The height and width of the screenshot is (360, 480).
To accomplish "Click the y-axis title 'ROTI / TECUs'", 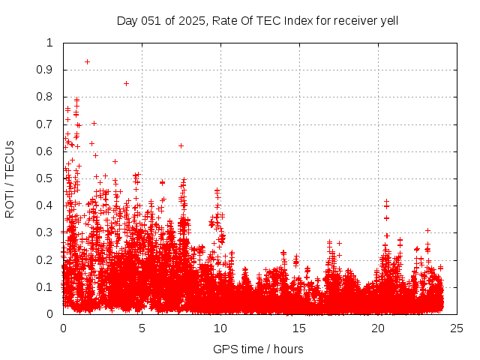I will pyautogui.click(x=10, y=178).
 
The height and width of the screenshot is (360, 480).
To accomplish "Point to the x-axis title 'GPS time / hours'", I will pyautogui.click(x=258, y=349).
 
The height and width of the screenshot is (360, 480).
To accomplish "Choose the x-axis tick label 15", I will pyautogui.click(x=299, y=328).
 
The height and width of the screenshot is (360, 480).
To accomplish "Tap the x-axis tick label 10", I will pyautogui.click(x=220, y=328).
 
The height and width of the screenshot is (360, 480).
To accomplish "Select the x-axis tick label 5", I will pyautogui.click(x=142, y=328).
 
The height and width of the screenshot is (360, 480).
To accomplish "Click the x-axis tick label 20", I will pyautogui.click(x=378, y=328).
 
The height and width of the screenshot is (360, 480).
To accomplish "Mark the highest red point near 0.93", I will pyautogui.click(x=87, y=61).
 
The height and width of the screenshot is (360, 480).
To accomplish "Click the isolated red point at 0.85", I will pyautogui.click(x=126, y=83).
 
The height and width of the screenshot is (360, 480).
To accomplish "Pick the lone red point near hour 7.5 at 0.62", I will pyautogui.click(x=181, y=145).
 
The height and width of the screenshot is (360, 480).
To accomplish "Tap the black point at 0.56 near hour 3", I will pyautogui.click(x=115, y=161).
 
